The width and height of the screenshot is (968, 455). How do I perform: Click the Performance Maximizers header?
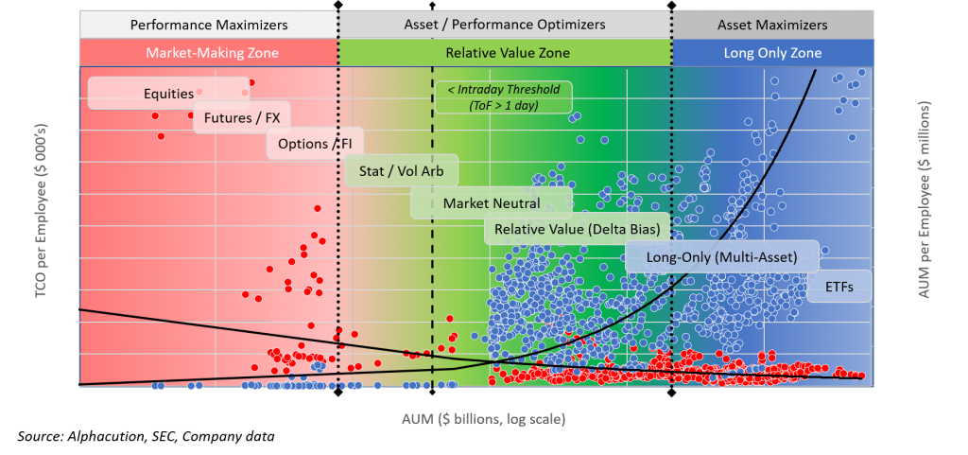[x=208, y=25]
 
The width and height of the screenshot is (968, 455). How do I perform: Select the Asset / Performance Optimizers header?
[x=505, y=25]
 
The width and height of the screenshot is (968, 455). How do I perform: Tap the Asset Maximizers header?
[x=772, y=25]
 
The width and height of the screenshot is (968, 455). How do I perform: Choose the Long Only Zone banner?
[x=772, y=53]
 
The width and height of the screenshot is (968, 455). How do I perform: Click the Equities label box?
[x=168, y=94]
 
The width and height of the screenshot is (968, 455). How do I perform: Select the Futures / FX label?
[x=242, y=120]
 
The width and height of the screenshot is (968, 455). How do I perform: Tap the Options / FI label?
[x=315, y=145]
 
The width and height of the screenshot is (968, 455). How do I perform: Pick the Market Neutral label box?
[x=492, y=202]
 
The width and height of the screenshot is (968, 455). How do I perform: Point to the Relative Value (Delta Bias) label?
[x=577, y=229]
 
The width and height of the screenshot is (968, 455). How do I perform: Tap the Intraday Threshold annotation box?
[x=503, y=97]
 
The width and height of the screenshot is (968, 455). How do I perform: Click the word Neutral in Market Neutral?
[x=516, y=202]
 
